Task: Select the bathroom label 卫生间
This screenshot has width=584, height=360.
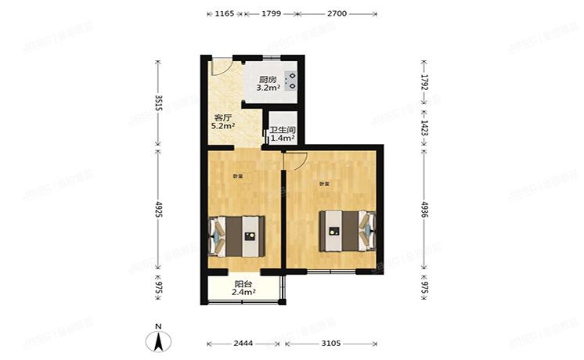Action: pos(281,130)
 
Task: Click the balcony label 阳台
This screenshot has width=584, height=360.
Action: pos(243,284)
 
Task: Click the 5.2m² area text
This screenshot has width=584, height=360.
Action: pos(224,126)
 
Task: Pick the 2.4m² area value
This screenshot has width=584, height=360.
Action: pos(243,293)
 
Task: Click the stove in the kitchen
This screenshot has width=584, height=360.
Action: pos(290,82)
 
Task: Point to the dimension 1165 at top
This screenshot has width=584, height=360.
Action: pos(225,14)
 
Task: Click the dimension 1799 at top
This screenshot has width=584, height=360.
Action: pos(272,14)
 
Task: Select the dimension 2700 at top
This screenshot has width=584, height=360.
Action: pos(337,14)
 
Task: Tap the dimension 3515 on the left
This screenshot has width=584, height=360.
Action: pos(158,103)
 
